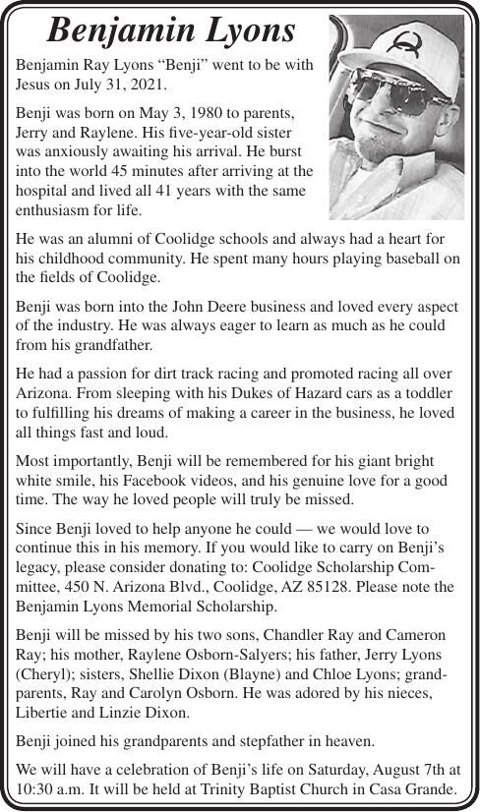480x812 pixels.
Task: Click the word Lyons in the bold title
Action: pos(244,31)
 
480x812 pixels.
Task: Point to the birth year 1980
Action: pos(191,114)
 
